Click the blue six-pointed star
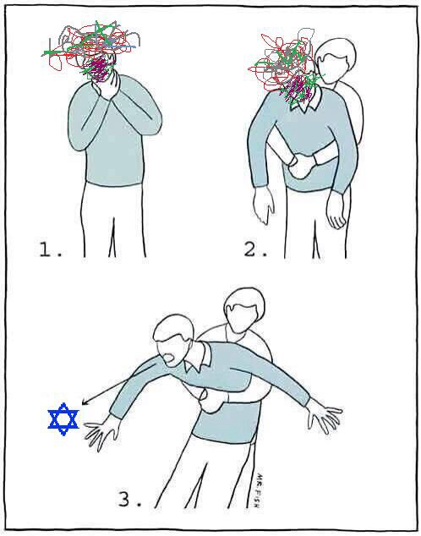(63, 419)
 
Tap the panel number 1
(50, 249)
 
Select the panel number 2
(255, 249)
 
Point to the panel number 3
(129, 500)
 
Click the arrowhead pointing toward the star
(85, 402)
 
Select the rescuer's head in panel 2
(336, 60)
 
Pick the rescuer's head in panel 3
(244, 310)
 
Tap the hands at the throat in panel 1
(107, 85)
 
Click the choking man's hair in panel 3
(173, 327)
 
